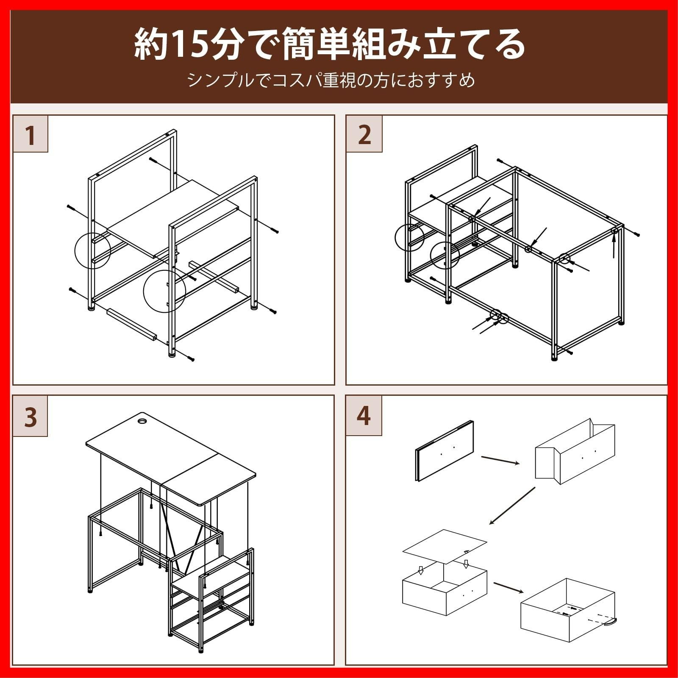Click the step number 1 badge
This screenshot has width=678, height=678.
click(30, 134)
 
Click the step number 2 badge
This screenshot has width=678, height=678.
click(364, 134)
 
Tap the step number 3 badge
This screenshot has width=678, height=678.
click(30, 417)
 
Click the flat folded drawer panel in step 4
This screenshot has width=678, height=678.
click(444, 451)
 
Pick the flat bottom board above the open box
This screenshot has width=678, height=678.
click(444, 546)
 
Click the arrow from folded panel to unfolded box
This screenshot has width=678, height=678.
click(500, 460)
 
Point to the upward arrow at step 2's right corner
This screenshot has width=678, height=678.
click(614, 246)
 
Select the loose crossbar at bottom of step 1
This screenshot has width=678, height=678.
click(132, 324)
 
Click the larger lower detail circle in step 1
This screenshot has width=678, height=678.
click(164, 291)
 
